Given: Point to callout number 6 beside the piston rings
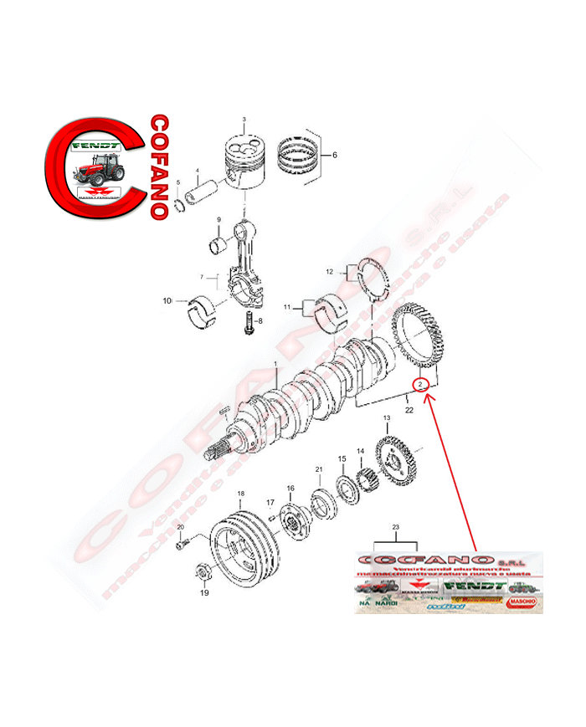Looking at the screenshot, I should (x=334, y=155).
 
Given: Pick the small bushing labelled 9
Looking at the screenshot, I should (x=220, y=246).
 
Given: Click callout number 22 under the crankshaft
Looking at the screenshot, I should (x=409, y=410).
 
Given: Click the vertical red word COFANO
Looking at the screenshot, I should (x=158, y=166).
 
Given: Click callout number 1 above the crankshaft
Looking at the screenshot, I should (x=275, y=364).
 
